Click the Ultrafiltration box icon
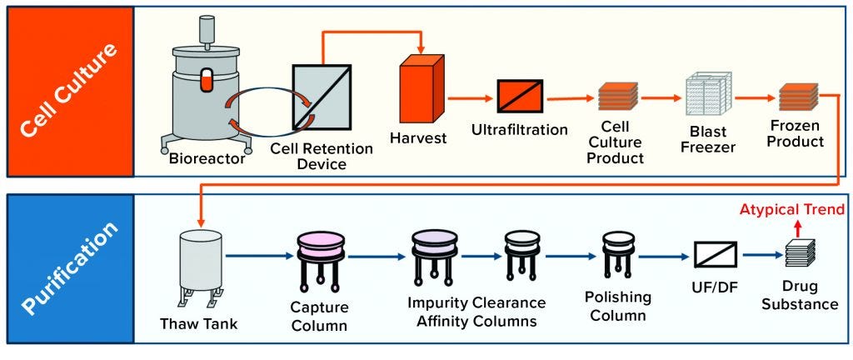click(x=520, y=97)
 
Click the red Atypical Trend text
click(x=792, y=208)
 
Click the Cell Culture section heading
click(x=68, y=92)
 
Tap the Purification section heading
click(x=68, y=268)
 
